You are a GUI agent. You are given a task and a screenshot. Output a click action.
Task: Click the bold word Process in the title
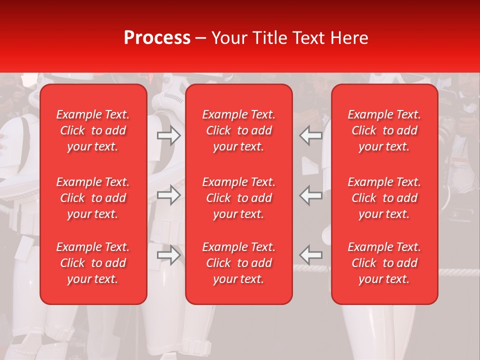157,37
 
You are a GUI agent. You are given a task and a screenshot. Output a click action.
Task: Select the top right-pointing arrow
169,135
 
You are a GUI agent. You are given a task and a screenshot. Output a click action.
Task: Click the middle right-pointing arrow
169,195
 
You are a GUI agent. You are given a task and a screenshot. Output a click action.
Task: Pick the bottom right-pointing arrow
169,254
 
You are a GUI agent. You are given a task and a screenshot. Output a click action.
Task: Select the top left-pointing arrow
311,135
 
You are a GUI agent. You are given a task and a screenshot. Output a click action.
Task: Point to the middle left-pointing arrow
311,195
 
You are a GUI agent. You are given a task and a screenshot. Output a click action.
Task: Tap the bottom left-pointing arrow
311,254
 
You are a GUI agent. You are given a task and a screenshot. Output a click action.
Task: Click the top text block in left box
93,130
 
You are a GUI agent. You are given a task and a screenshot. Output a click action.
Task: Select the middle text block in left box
93,198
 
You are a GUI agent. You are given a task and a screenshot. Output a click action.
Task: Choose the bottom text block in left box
93,263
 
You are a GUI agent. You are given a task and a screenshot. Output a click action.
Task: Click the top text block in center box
239,130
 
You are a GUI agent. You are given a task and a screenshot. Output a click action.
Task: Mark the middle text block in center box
239,198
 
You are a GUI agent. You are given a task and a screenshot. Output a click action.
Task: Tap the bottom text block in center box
239,263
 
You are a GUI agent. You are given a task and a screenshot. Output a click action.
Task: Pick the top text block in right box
384,130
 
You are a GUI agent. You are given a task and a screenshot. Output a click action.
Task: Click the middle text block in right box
384,198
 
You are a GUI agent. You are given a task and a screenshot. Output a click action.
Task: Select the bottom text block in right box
384,263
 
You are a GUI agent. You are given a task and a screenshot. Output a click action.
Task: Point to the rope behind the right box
457,272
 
